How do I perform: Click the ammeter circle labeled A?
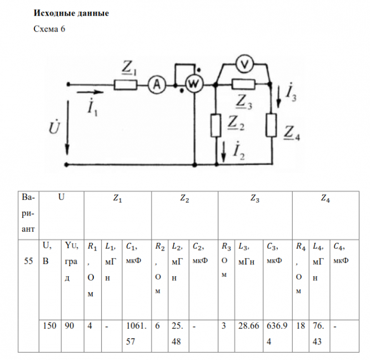coord(157,84)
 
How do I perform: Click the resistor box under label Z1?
coord(126,85)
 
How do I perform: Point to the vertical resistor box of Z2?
coord(216,126)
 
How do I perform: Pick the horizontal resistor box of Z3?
coord(243,85)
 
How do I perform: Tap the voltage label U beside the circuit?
coord(54,129)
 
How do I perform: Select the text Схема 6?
coord(50,30)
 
